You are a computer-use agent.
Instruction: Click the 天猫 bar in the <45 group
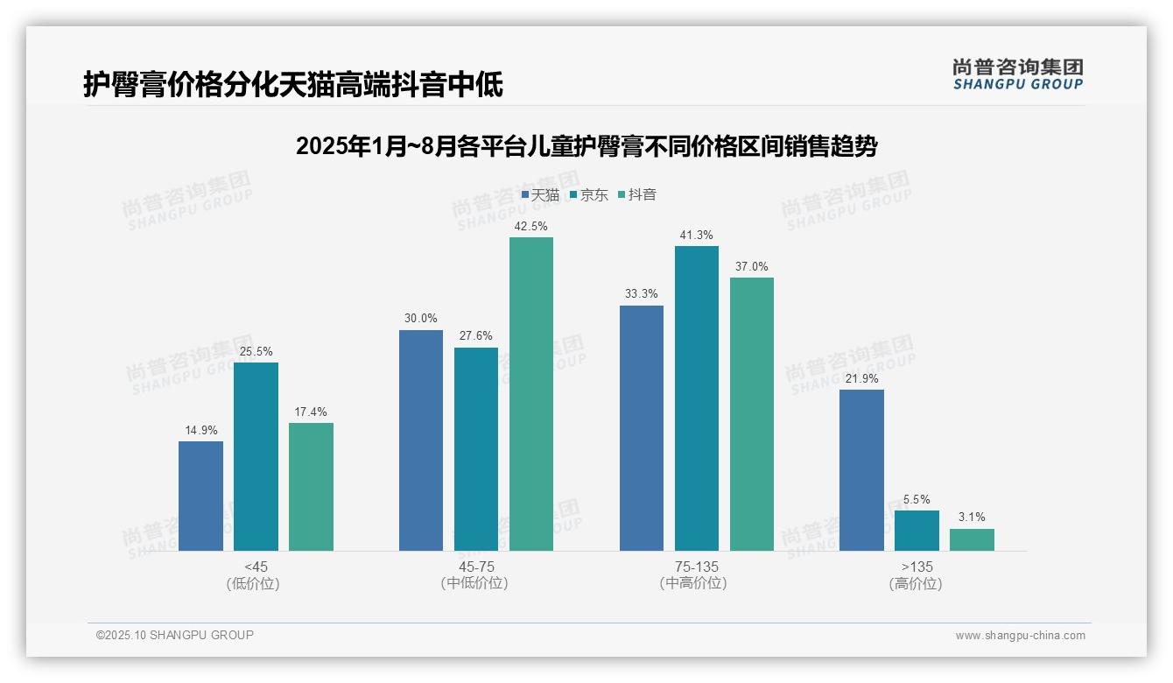click(x=200, y=496)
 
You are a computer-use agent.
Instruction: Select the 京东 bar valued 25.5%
click(x=256, y=456)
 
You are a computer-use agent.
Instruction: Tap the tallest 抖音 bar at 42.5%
click(x=531, y=394)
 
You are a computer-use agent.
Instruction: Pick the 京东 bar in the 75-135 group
click(x=697, y=398)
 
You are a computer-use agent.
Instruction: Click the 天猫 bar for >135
click(x=861, y=470)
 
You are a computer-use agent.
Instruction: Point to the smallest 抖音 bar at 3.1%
click(x=972, y=539)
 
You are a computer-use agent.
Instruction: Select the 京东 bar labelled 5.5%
click(x=917, y=531)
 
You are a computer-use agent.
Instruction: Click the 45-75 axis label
click(x=475, y=567)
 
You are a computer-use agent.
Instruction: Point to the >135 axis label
click(x=916, y=567)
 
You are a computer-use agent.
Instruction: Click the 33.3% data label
click(x=641, y=294)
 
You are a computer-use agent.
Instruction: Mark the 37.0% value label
click(x=752, y=266)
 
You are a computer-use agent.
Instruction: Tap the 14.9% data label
click(x=200, y=430)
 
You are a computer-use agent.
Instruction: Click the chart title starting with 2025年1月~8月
click(x=586, y=146)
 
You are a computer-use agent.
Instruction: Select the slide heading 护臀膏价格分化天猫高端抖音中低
click(x=293, y=84)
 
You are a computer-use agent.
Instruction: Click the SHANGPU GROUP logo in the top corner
click(x=1018, y=74)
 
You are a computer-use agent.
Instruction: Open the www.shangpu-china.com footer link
click(x=1020, y=636)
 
